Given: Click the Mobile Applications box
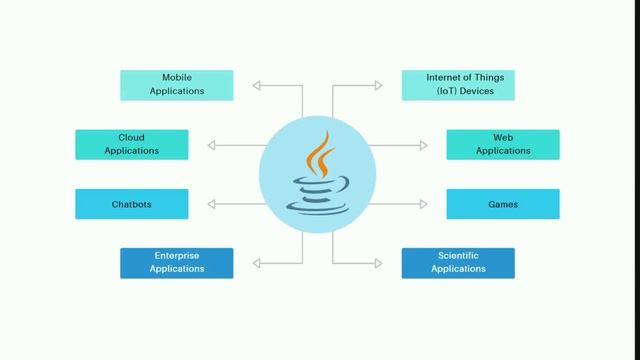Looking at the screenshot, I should (x=177, y=85).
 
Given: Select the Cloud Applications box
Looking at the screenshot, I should (x=131, y=144).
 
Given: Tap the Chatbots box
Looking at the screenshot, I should (x=131, y=204).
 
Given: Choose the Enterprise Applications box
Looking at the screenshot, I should (x=177, y=263).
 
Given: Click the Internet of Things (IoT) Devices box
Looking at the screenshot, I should (x=458, y=85).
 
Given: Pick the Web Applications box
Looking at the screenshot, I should (x=503, y=144).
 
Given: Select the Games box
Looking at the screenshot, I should (x=503, y=204).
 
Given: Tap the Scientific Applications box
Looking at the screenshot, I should (x=458, y=263).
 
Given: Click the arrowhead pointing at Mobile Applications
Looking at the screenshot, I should (x=257, y=86).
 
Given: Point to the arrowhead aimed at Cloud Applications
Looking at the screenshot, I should (x=211, y=145).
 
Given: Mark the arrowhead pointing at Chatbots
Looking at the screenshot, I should (x=211, y=204).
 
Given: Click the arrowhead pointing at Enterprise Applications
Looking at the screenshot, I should (x=257, y=263).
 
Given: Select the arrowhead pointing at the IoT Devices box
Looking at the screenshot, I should (x=377, y=86).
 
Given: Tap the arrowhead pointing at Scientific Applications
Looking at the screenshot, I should (x=377, y=263).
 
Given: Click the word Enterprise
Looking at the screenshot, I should (x=177, y=256).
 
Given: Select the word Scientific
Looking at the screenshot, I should (x=458, y=256).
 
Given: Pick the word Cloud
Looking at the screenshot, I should (x=131, y=137).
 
